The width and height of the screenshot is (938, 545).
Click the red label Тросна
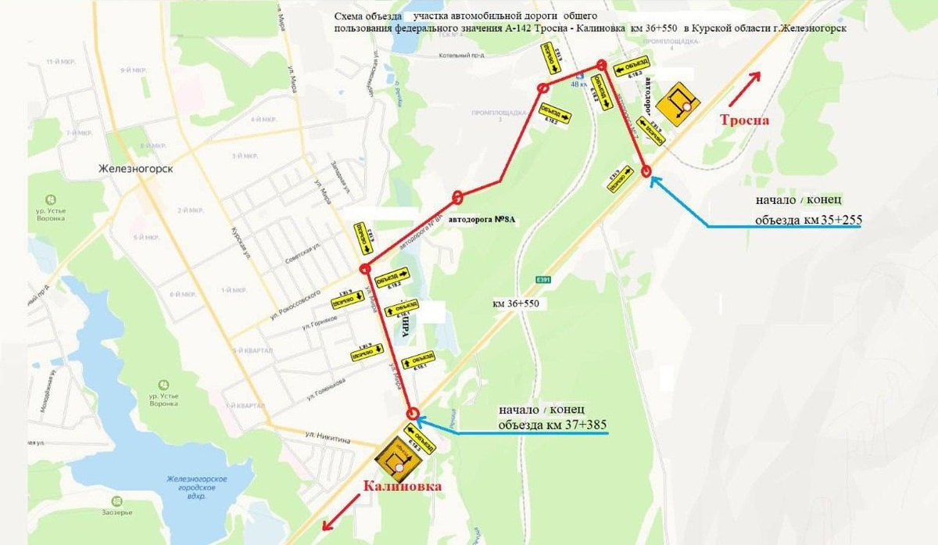(745, 120)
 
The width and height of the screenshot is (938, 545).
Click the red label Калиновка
(401, 486)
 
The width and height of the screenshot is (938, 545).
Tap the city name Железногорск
(134, 169)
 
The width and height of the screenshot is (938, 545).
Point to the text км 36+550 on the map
(516, 302)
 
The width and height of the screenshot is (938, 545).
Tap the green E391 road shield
(544, 279)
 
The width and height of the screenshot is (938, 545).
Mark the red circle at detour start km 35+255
(646, 172)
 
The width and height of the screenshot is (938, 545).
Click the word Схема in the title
(350, 16)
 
